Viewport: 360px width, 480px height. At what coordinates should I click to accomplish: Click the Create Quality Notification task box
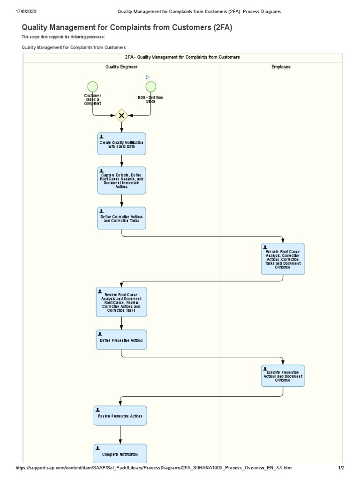point(121,143)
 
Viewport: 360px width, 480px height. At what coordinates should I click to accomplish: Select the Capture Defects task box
point(121,180)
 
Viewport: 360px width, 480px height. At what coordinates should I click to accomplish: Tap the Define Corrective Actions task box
point(121,218)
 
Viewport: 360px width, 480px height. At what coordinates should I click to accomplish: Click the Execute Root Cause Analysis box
point(283,259)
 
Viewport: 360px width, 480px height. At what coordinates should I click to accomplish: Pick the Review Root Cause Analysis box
point(121,302)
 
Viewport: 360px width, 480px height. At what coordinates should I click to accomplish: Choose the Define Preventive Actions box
point(121,340)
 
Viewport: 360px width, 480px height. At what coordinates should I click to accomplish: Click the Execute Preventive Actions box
point(283,376)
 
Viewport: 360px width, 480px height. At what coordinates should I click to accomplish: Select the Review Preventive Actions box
point(120,416)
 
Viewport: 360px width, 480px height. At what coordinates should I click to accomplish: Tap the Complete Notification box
point(120,454)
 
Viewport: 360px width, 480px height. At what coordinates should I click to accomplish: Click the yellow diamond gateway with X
point(121,115)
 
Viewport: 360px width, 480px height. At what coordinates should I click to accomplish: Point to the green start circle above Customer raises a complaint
point(92,86)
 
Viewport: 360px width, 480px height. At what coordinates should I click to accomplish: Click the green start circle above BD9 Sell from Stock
point(150,86)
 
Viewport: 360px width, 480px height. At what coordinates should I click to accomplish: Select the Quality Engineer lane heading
point(121,67)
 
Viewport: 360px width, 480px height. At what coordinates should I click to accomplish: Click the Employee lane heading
point(281,67)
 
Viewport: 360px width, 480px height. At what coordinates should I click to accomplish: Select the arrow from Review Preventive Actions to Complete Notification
point(120,435)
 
